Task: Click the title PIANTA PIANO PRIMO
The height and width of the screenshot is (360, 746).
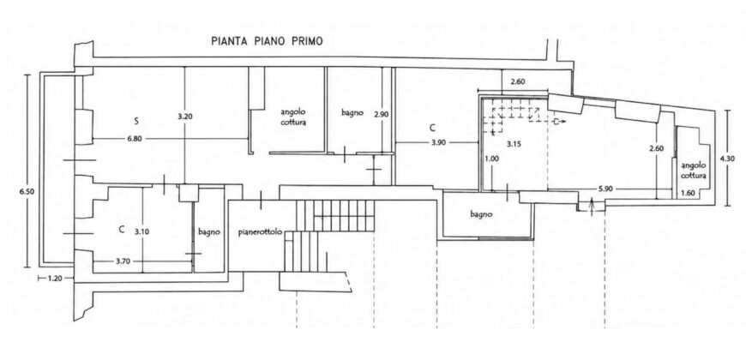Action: (x=267, y=41)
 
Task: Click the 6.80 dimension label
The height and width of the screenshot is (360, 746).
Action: (x=134, y=138)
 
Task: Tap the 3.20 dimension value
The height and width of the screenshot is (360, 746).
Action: (x=184, y=117)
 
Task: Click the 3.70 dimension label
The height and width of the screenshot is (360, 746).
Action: (x=123, y=261)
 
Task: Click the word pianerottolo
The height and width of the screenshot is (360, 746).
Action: (x=261, y=232)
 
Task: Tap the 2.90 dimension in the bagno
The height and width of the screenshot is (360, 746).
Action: (x=382, y=115)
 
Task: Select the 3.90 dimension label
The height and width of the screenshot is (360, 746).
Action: (x=439, y=142)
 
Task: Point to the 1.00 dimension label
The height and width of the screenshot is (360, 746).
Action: (x=491, y=159)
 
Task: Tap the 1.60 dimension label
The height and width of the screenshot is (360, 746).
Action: (x=689, y=193)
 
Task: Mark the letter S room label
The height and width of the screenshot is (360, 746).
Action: (x=136, y=122)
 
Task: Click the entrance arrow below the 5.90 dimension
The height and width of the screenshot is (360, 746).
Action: (x=592, y=207)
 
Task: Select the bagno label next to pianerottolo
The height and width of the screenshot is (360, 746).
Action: (x=209, y=232)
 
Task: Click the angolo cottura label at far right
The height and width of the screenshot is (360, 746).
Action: (x=694, y=171)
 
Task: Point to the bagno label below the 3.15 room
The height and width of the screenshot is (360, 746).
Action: (x=482, y=214)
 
